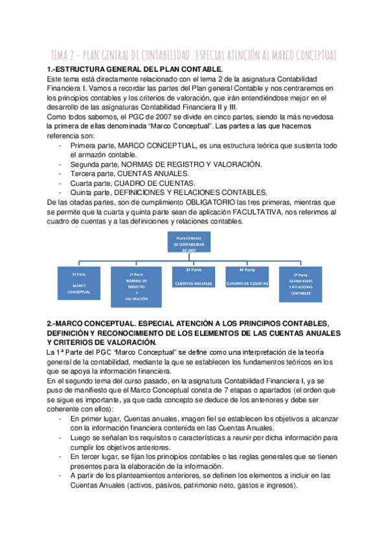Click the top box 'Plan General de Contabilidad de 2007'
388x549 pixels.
[x=188, y=243]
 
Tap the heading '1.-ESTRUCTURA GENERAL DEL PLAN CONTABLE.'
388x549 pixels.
[x=135, y=69]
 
